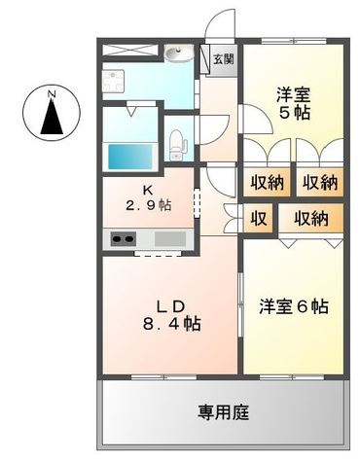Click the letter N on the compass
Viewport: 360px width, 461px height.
click(52, 94)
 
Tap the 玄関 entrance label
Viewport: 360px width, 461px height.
click(224, 58)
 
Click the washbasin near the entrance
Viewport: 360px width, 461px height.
click(177, 53)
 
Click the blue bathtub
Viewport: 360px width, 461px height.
click(128, 157)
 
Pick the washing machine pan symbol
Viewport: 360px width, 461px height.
click(112, 81)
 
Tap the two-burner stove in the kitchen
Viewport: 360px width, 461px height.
click(125, 238)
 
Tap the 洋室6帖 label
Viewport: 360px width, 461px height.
click(293, 306)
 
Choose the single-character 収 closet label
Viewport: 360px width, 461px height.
click(259, 218)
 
